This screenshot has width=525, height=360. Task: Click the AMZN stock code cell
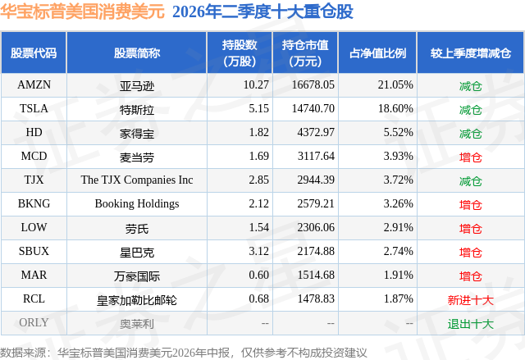click(x=34, y=84)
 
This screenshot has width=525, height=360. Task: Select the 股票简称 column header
click(x=137, y=52)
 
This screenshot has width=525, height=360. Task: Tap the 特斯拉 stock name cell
click(x=137, y=109)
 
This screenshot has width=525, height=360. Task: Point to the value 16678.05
click(x=313, y=84)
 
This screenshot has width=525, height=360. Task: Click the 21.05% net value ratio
click(x=395, y=84)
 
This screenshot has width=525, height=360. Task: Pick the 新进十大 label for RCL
click(x=470, y=300)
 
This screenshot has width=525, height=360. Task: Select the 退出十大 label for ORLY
click(x=470, y=324)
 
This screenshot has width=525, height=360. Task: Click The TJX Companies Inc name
click(x=137, y=180)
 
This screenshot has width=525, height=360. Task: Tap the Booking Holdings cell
click(x=137, y=203)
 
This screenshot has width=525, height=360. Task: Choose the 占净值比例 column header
click(x=377, y=52)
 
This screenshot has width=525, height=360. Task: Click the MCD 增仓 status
click(x=470, y=157)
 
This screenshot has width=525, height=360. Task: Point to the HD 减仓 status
click(x=470, y=133)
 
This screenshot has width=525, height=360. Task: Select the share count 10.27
click(x=256, y=84)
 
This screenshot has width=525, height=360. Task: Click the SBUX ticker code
click(x=34, y=251)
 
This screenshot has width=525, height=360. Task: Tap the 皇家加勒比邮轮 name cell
click(x=137, y=300)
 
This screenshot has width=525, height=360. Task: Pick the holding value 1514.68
click(x=316, y=275)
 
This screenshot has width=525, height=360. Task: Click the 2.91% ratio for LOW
click(x=398, y=227)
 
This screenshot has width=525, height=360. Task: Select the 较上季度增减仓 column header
click(x=470, y=52)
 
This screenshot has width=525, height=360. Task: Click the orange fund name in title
click(x=82, y=11)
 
